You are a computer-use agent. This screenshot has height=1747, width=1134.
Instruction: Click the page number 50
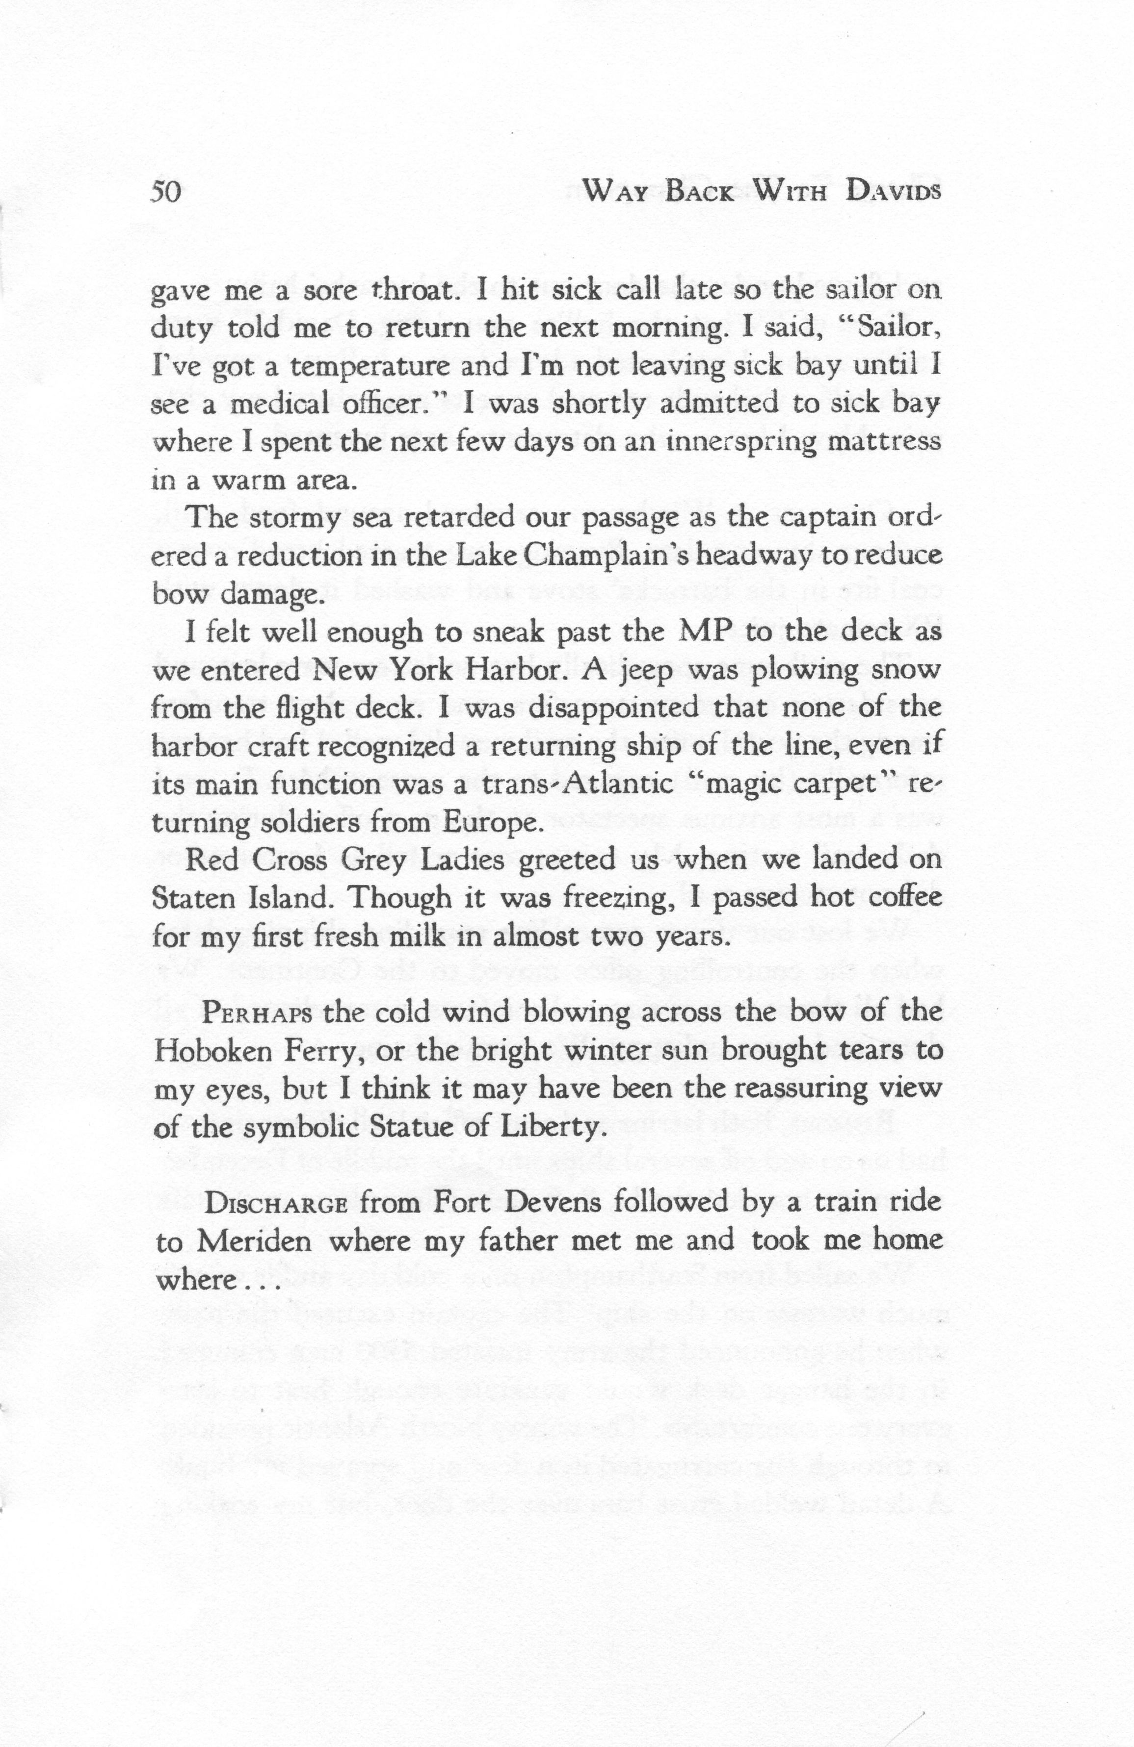pos(165,192)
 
